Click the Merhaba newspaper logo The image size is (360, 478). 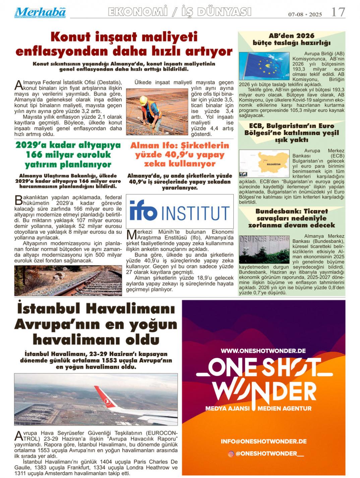pyautogui.click(x=40, y=12)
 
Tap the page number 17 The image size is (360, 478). pyautogui.click(x=338, y=12)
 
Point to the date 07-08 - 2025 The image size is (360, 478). pyautogui.click(x=305, y=14)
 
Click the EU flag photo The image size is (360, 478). pyautogui.click(x=264, y=66)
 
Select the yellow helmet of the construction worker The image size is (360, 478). pyautogui.click(x=143, y=100)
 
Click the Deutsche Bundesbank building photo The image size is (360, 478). pyautogui.click(x=264, y=249)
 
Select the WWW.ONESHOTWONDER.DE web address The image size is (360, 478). pyautogui.click(x=263, y=351)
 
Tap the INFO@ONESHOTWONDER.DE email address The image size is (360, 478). pyautogui.click(x=263, y=441)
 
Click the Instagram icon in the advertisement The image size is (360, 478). pyautogui.click(x=231, y=454)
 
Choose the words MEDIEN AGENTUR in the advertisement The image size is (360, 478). pyautogui.click(x=285, y=409)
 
